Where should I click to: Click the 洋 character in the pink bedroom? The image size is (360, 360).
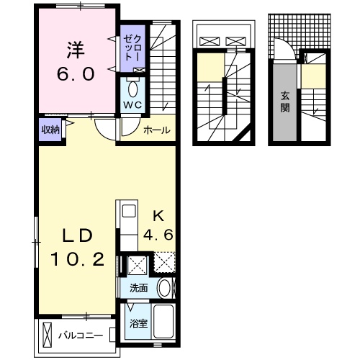(x=75, y=51)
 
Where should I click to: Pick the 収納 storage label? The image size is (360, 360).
(x=49, y=130)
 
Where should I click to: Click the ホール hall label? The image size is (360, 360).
(x=157, y=130)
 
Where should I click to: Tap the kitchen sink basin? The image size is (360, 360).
(x=128, y=211)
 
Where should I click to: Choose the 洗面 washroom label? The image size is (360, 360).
(x=139, y=288)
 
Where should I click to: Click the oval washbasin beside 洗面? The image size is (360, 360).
(x=165, y=288)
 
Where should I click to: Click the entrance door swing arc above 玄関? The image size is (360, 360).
(x=285, y=51)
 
